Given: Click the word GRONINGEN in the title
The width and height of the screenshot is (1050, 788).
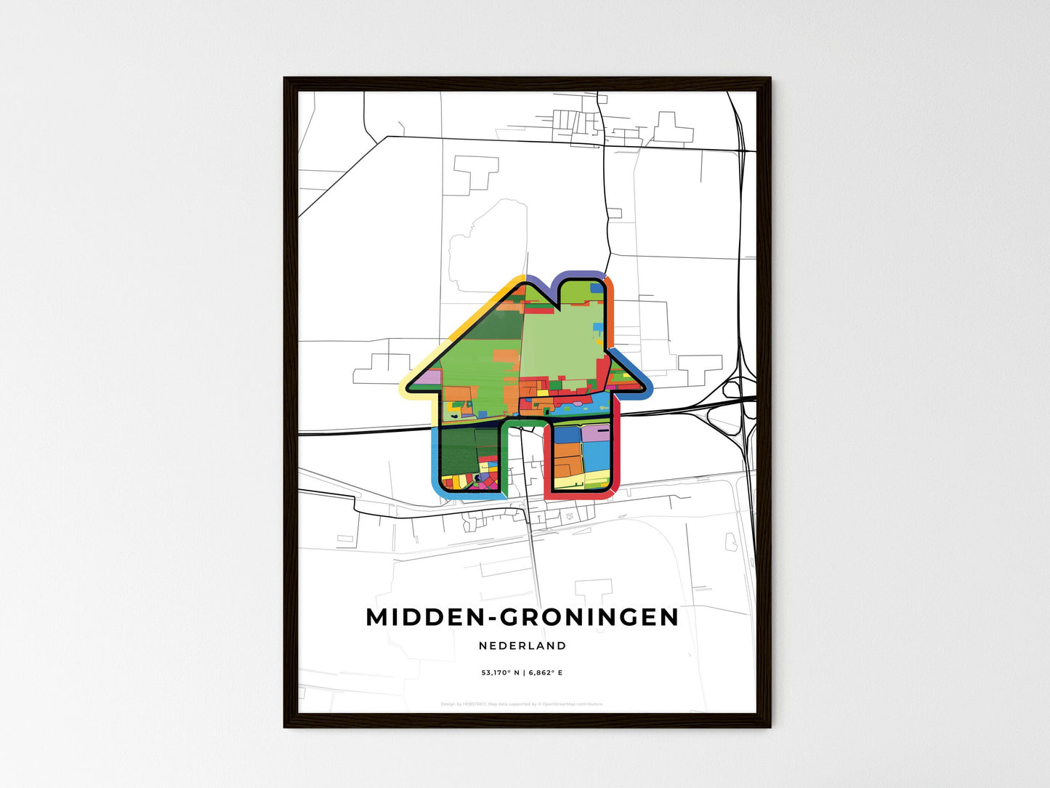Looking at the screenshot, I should point(589,617).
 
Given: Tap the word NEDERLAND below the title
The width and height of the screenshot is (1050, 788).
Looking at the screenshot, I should point(522,646).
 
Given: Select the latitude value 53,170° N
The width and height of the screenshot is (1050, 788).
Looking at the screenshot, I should point(498,673).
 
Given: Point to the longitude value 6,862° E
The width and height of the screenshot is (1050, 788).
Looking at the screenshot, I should point(545,673).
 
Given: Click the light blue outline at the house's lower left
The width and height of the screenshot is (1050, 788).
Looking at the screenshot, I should point(434,458).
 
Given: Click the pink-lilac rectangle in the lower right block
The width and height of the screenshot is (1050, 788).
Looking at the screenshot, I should point(595,433).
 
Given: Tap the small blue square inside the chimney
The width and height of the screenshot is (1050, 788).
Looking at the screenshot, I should point(596,289).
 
